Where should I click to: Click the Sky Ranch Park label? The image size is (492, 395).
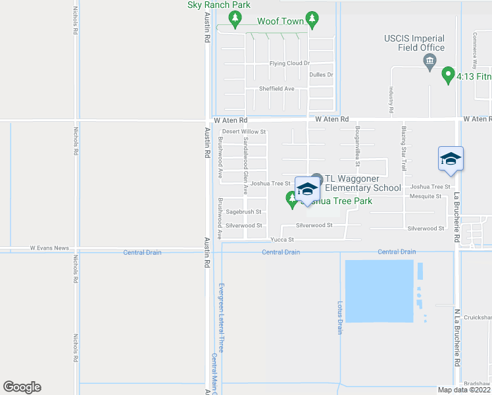point(219,5)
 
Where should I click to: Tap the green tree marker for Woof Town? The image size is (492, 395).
point(313,18)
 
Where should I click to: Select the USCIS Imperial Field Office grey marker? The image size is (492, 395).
point(430,62)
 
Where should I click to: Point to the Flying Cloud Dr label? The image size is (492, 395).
point(289,63)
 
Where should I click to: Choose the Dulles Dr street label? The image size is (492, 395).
point(321,75)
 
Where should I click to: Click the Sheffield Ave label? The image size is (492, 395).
point(276,88)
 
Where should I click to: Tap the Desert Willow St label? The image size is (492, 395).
point(243,132)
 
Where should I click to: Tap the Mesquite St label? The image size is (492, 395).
point(425,196)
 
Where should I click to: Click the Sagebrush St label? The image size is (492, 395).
point(244,212)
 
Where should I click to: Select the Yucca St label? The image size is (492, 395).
point(282,240)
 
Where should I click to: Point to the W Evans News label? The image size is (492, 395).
point(49,248)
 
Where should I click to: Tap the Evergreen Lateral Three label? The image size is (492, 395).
point(222,317)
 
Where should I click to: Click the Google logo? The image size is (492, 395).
point(22,387)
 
